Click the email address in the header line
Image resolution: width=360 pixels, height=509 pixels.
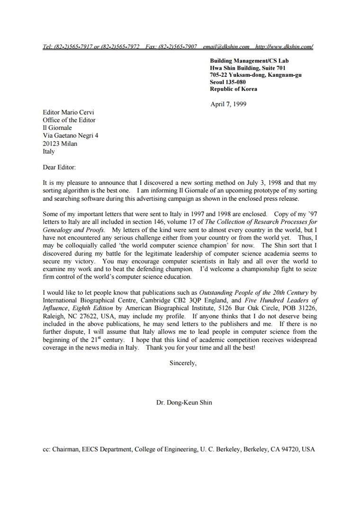226,46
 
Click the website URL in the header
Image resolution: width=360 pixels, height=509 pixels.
284,46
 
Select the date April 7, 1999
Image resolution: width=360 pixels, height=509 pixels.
228,104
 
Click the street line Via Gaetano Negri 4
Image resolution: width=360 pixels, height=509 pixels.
71,136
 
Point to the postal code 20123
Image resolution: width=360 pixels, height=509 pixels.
51,144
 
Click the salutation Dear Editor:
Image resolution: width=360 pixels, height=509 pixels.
59,167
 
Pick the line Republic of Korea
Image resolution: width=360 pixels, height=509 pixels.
234,89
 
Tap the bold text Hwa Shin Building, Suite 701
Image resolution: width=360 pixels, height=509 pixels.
248,68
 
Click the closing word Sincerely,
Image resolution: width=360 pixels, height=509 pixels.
183,364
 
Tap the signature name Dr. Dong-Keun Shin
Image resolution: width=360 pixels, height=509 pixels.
184,403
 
